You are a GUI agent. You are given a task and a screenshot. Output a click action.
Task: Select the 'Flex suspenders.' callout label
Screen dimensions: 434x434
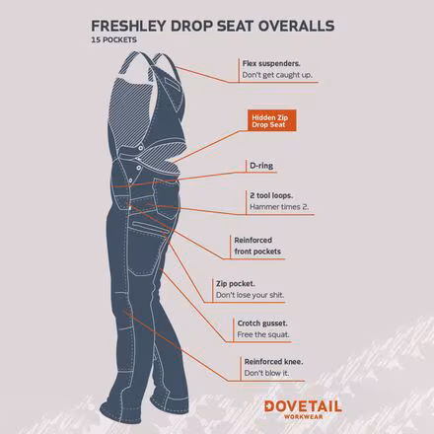pos(271,62)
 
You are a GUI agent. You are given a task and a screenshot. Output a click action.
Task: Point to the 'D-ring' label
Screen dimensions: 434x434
pos(258,167)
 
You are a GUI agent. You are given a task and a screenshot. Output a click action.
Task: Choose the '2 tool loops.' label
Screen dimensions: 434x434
pos(271,195)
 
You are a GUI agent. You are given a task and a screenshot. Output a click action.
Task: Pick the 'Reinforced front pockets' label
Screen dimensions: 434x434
pos(257,246)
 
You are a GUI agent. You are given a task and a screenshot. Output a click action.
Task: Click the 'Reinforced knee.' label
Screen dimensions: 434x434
pos(273,362)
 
